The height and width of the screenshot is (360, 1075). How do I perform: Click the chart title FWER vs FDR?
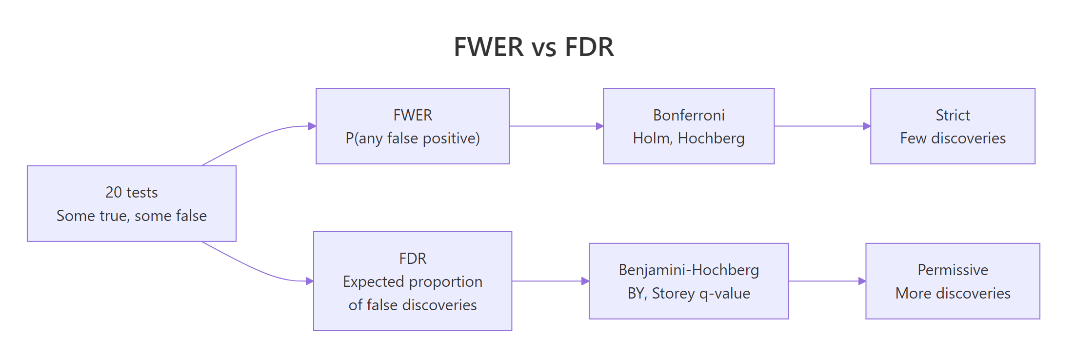coord(534,47)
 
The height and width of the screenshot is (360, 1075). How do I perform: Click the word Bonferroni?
coord(688,115)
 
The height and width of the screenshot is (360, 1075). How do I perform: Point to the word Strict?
coord(952,115)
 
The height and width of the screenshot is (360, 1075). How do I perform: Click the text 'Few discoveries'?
coord(952,139)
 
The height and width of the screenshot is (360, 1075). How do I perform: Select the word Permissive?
coord(952,270)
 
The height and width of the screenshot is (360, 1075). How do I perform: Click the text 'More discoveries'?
coord(952,293)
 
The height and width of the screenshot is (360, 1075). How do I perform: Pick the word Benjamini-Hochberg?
coord(688,270)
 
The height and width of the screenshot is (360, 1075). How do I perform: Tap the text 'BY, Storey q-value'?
coord(688,293)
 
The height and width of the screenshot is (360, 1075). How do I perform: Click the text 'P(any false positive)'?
coord(412,139)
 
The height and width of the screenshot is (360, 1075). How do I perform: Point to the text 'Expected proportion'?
coord(412,281)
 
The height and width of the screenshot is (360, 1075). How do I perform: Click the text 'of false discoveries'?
coord(412,305)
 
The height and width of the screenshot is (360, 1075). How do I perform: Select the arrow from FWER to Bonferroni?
coord(556,126)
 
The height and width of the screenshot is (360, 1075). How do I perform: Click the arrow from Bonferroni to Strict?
coord(822,126)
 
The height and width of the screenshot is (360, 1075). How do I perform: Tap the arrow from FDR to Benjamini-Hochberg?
coord(550,281)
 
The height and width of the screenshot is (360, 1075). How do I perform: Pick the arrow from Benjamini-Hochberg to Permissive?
coord(827,281)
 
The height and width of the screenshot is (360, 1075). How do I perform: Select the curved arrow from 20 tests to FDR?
coord(259,270)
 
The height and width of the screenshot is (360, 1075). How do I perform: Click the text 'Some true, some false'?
coord(131,216)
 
